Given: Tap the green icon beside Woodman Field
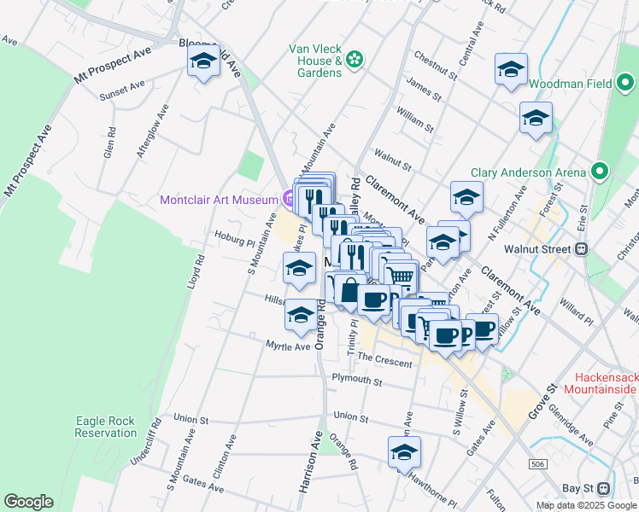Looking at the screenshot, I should point(625,84).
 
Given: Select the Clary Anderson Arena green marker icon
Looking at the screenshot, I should point(599,172).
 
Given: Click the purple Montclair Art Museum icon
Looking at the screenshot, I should point(289,200).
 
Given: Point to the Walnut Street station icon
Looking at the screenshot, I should point(582,249).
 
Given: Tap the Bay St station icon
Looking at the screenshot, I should point(603,488).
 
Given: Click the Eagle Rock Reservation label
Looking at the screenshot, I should point(106,427).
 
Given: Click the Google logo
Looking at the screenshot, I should point(28,502).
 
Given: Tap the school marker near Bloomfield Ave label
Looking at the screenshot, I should point(203,62).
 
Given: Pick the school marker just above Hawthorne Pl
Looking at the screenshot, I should point(405,453).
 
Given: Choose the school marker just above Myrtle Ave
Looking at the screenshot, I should point(300,316).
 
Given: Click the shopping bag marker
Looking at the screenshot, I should point(349,291).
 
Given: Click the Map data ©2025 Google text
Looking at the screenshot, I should point(586,505).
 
